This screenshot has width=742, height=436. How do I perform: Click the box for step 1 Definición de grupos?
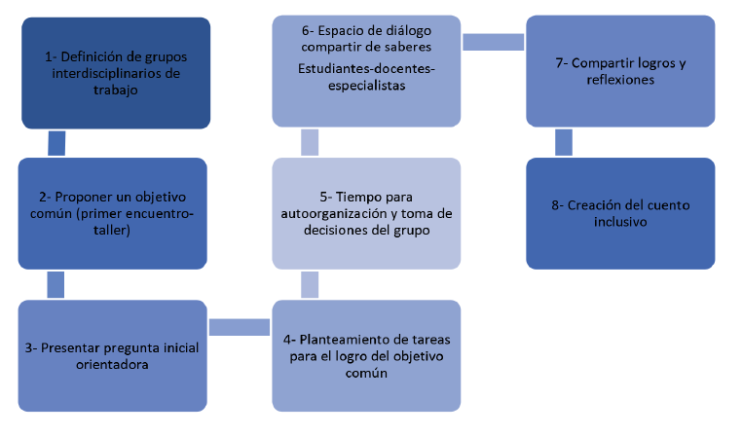(115, 73)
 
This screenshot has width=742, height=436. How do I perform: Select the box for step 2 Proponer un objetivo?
(113, 213)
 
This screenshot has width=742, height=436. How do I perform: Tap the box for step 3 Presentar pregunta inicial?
(113, 355)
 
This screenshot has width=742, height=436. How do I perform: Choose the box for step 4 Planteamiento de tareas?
(365, 355)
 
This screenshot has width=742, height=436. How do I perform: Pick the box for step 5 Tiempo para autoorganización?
(365, 213)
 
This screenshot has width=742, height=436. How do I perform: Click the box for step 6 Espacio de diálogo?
(365, 70)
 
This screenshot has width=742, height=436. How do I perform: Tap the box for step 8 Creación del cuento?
(620, 213)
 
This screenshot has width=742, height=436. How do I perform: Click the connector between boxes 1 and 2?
(57, 143)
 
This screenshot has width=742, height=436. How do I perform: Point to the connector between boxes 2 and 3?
(57, 284)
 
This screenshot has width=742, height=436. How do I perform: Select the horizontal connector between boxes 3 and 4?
(240, 328)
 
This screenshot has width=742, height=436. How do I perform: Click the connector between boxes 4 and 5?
(310, 284)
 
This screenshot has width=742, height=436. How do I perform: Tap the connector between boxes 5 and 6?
(310, 142)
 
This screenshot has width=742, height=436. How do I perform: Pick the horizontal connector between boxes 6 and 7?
(494, 43)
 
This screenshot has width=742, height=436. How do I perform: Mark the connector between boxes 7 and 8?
(564, 142)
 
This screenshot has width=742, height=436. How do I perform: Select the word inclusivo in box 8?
(620, 222)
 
